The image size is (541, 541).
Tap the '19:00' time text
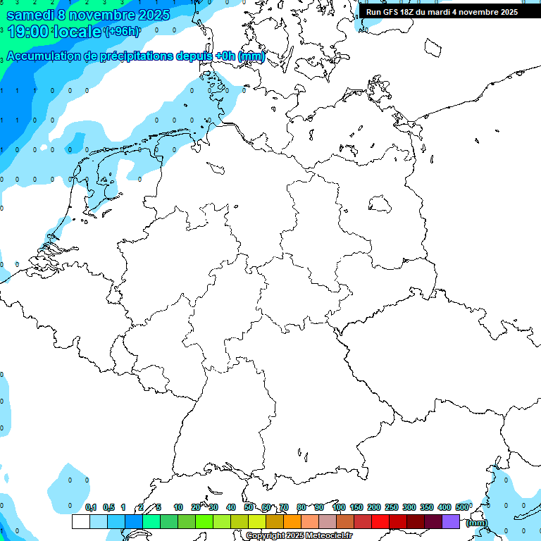(27, 32)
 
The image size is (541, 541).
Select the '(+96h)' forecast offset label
(121, 32)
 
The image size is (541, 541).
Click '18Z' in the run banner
(411, 12)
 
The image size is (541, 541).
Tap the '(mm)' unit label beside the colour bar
(476, 523)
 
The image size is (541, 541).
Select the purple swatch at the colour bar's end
(451, 522)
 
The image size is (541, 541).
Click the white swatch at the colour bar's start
(81, 522)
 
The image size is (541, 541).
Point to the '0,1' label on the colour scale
(91, 507)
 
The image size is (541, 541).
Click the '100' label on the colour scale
(339, 507)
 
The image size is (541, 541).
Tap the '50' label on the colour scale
(249, 507)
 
